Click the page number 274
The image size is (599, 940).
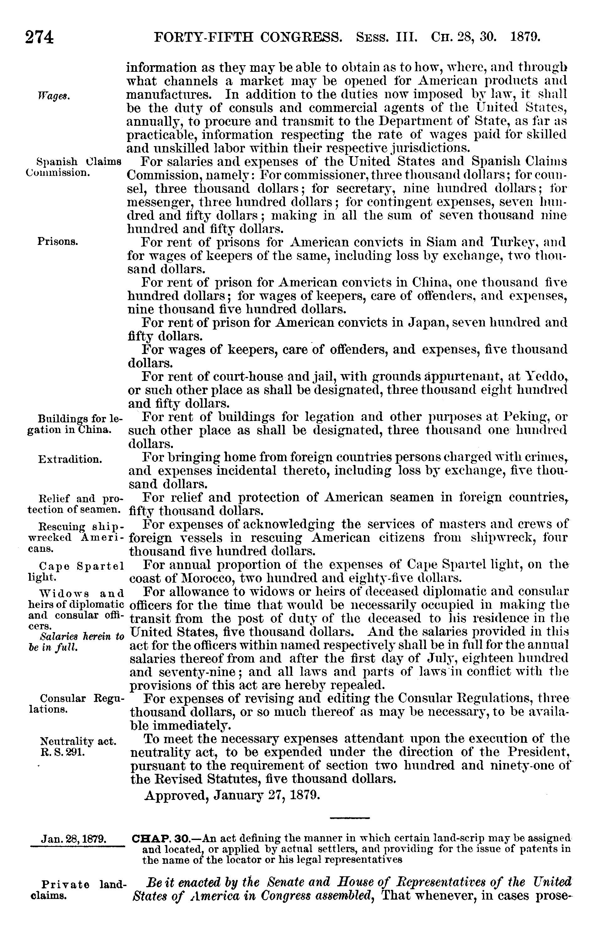(39, 38)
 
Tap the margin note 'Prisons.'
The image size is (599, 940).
(58, 242)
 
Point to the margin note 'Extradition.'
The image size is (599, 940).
(70, 459)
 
